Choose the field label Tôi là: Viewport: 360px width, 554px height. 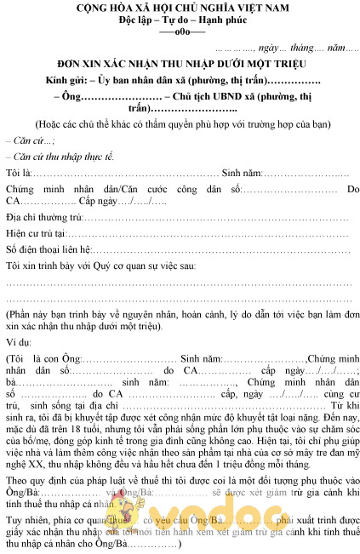[x=17, y=173]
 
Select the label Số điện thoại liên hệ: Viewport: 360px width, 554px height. [x=48, y=249]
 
